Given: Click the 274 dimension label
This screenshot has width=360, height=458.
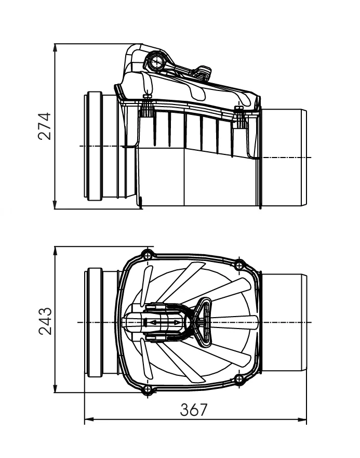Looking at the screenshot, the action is (x=45, y=126).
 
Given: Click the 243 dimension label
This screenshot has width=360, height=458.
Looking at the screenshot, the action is (x=45, y=321).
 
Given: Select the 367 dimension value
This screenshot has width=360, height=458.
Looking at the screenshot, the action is (x=194, y=410).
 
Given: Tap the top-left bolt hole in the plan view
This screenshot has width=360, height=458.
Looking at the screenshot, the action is (x=148, y=256).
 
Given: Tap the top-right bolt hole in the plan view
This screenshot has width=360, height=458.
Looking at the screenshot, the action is (x=239, y=266).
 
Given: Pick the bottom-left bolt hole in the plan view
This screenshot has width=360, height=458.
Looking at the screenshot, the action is (x=148, y=389).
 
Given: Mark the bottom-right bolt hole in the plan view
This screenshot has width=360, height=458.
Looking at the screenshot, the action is (x=239, y=379).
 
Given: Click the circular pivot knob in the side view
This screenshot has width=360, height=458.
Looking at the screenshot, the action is (x=157, y=61).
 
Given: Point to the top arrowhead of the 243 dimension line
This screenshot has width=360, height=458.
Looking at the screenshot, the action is (x=55, y=251).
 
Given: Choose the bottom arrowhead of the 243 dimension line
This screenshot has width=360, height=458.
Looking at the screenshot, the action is (x=55, y=388).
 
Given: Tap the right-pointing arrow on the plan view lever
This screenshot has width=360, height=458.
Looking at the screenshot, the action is (x=176, y=322).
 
